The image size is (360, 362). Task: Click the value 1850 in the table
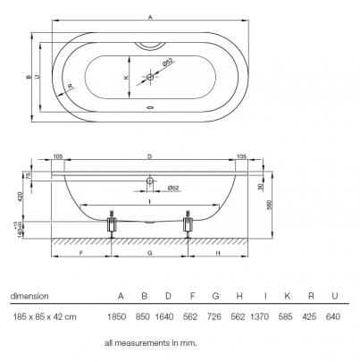(117, 316)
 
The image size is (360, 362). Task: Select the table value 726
(214, 316)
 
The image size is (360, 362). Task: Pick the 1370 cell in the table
(259, 316)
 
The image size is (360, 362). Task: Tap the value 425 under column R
(309, 316)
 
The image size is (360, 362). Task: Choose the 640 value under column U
(333, 316)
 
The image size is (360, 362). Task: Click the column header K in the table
(287, 296)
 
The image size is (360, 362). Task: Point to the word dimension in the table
(29, 296)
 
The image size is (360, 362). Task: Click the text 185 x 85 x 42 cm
(45, 316)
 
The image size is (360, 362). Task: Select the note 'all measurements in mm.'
(151, 343)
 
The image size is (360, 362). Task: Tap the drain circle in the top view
(150, 77)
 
